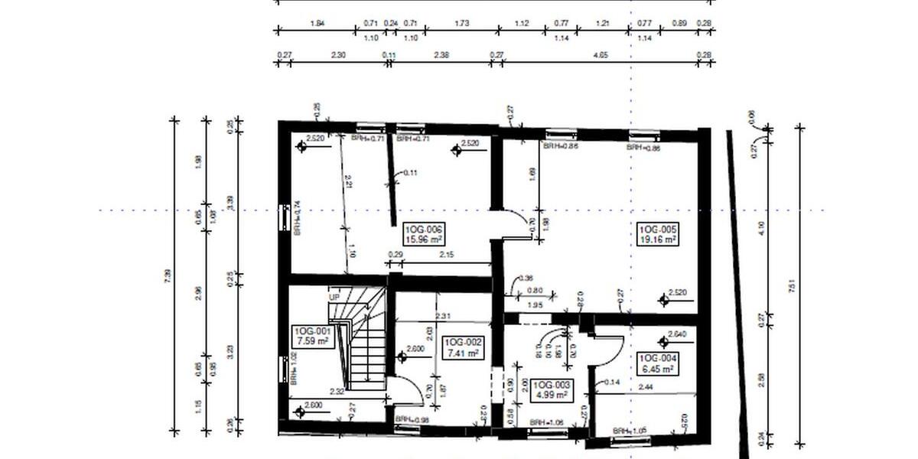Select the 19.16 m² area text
[658, 239]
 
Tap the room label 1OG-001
[311, 331]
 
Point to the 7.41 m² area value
[462, 353]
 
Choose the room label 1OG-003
[551, 385]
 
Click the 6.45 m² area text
[658, 369]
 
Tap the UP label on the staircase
[334, 297]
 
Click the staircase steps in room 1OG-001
[360, 344]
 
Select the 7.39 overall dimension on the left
[168, 277]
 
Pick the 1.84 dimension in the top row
[317, 24]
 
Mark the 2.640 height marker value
[676, 334]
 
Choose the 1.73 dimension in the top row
[461, 24]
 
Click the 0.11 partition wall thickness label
[411, 173]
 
